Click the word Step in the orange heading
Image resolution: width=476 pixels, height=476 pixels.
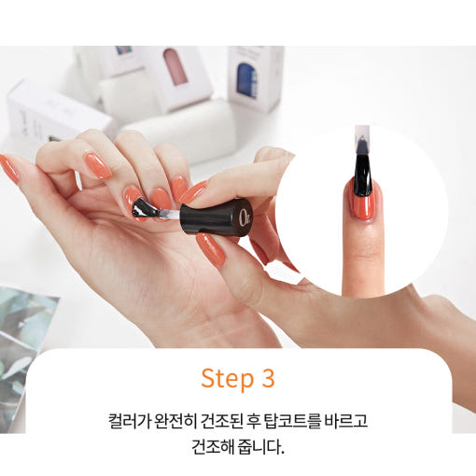coord(228,378)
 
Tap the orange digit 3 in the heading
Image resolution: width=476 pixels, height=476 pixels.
coord(268,378)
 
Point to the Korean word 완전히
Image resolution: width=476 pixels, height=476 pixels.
coord(175,421)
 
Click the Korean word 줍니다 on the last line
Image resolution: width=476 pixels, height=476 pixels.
coord(260,447)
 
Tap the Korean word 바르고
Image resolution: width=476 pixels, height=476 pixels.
coord(346,421)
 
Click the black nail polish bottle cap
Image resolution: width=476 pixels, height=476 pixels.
coord(217,217)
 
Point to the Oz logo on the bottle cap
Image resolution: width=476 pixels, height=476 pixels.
coord(245,216)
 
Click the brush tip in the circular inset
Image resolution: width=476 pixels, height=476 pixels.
coord(363,171)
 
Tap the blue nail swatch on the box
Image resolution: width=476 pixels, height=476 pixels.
coord(247,80)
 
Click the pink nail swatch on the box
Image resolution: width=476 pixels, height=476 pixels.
coord(176,66)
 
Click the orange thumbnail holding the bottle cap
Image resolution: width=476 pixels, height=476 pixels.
coord(211,250)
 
